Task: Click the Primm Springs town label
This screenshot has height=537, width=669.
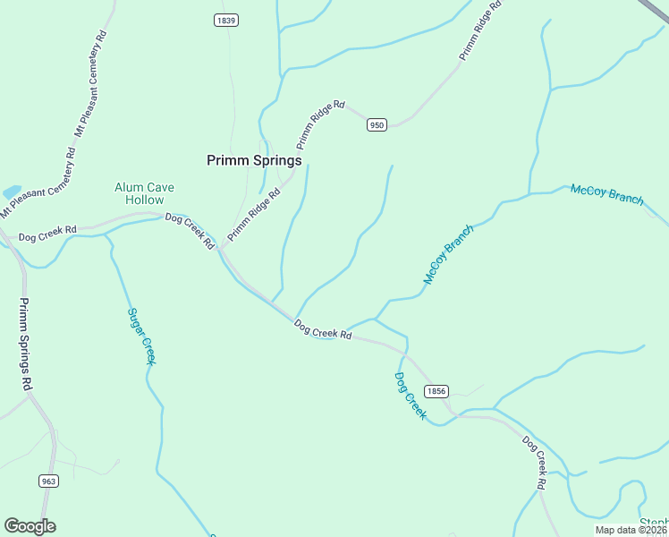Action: coord(254,160)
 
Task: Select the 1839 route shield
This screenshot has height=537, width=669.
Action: coord(226,21)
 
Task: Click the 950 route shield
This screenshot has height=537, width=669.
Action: coord(377,125)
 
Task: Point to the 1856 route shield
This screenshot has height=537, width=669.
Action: coord(436,391)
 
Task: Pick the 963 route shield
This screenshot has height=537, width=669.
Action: coord(49,481)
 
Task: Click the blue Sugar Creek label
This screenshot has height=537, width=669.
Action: coord(141,336)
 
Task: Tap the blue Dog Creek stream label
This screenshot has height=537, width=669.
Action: coord(411,396)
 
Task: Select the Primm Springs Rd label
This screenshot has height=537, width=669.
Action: coord(26,343)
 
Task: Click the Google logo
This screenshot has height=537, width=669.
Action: coord(30,525)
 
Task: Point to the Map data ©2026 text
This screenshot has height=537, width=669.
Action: coord(631,530)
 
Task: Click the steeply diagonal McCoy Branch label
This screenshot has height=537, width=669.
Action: coord(447,255)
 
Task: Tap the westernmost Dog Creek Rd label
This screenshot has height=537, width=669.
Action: coord(46,236)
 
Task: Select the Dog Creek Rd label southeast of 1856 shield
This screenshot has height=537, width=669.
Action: coord(534,462)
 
